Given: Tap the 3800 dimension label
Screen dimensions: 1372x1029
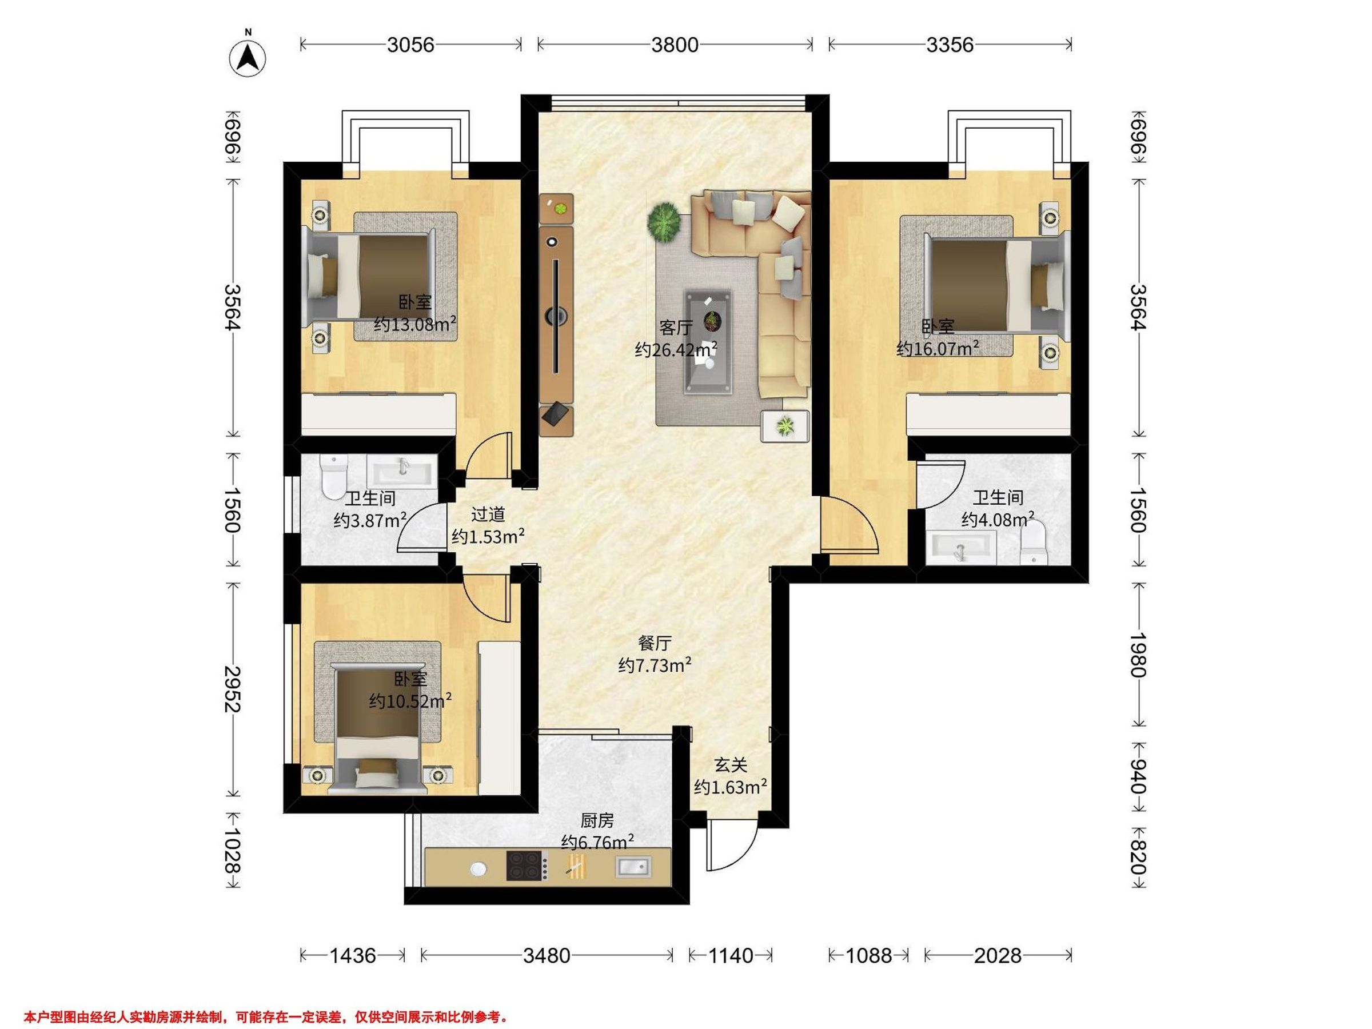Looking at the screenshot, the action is click(675, 45).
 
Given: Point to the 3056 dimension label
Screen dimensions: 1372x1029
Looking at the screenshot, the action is click(410, 45).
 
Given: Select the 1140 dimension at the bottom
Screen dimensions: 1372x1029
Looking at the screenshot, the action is click(731, 956).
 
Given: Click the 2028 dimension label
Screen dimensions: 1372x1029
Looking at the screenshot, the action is click(998, 956).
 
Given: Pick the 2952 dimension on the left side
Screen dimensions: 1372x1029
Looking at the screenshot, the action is click(233, 689).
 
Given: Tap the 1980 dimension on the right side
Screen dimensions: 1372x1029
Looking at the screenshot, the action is click(1139, 655).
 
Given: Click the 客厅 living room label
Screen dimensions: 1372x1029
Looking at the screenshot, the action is click(676, 327).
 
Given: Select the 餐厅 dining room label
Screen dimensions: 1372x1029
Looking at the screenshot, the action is click(655, 643).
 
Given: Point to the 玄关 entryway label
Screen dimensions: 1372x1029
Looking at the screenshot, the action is click(731, 765).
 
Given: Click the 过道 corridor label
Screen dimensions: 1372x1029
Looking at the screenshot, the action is click(488, 514).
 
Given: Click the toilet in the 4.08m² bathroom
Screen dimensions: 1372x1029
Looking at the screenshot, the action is click(1033, 543).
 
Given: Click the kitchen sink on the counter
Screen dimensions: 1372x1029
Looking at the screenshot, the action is click(633, 866).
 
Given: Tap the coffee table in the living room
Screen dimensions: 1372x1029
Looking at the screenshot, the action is click(708, 342).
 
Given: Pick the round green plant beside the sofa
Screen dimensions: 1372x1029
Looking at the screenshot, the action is click(664, 220).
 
